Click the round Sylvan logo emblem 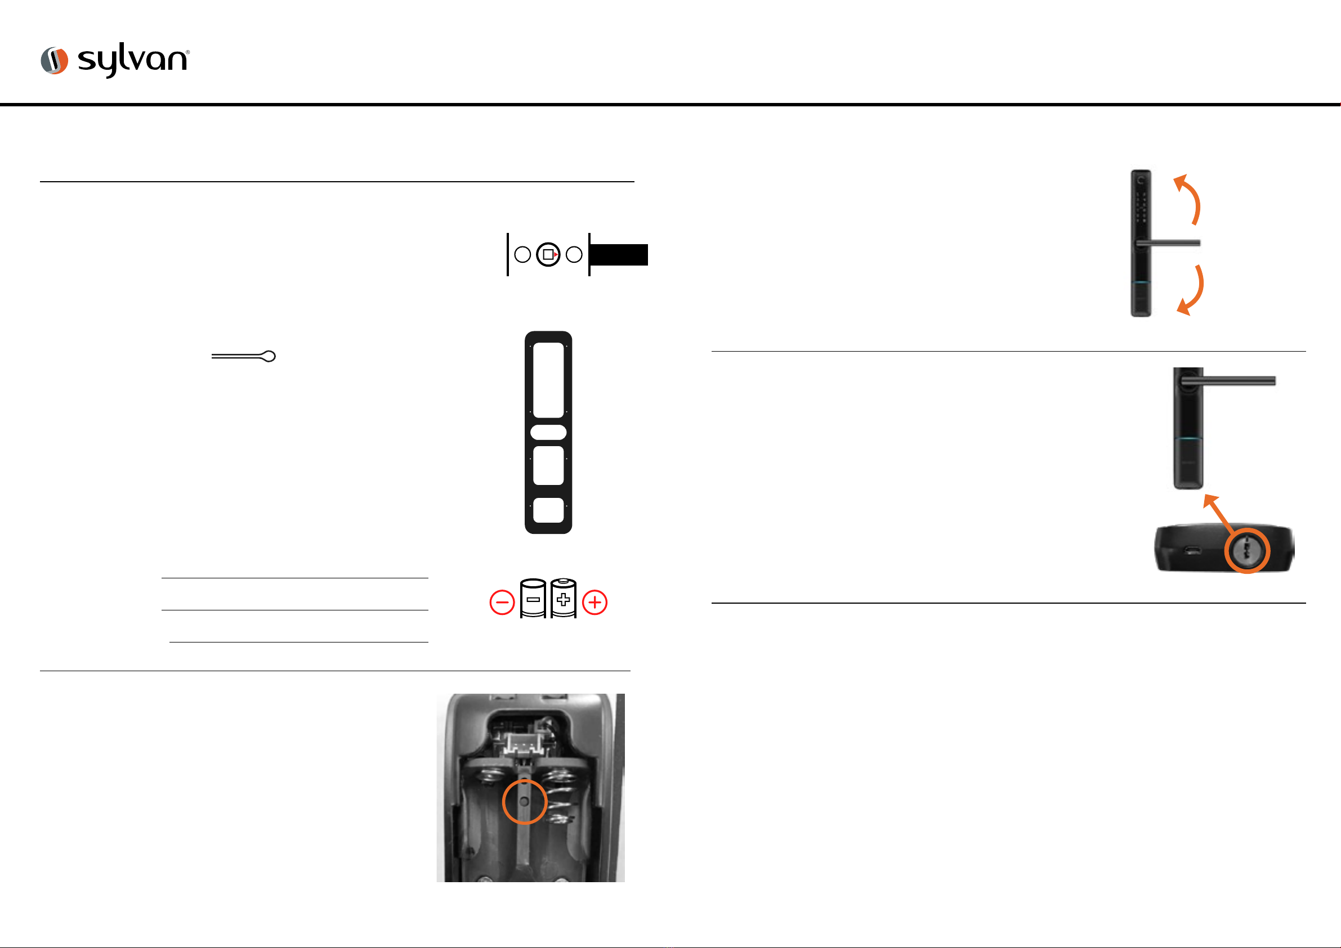(x=54, y=61)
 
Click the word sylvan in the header (x=133, y=60)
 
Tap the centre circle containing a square (x=548, y=254)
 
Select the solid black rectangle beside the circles (x=619, y=255)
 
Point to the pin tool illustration (x=244, y=356)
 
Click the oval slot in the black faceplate (x=548, y=433)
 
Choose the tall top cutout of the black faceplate (x=548, y=380)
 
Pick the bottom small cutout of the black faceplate (x=548, y=510)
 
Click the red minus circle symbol (x=502, y=603)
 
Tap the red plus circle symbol (x=594, y=603)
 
